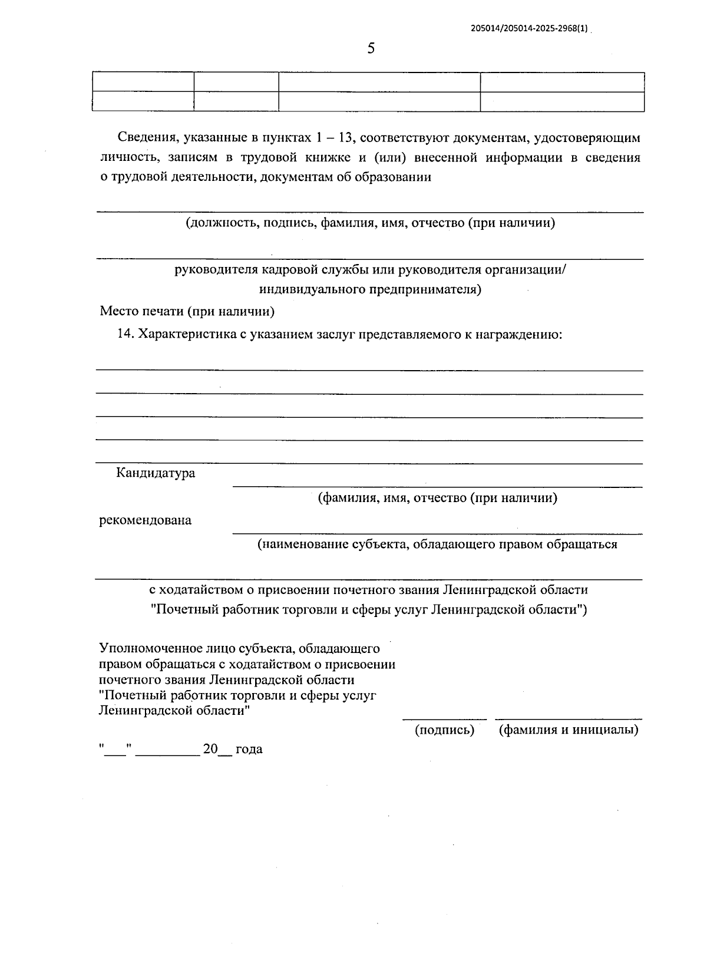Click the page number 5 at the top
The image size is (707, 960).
pyautogui.click(x=371, y=48)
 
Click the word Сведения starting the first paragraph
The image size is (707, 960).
pyautogui.click(x=147, y=138)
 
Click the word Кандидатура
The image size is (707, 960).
pyautogui.click(x=156, y=473)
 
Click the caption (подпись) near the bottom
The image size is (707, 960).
pyautogui.click(x=444, y=730)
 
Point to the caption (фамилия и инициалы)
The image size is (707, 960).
pyautogui.click(x=569, y=730)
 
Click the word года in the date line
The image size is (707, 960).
pyautogui.click(x=249, y=750)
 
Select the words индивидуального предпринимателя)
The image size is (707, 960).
pyautogui.click(x=370, y=289)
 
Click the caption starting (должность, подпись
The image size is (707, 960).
pyautogui.click(x=370, y=223)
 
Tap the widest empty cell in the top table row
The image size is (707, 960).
pyautogui.click(x=379, y=83)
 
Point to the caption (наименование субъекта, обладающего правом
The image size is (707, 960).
pyautogui.click(x=437, y=545)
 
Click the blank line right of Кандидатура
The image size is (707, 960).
pyautogui.click(x=437, y=486)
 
